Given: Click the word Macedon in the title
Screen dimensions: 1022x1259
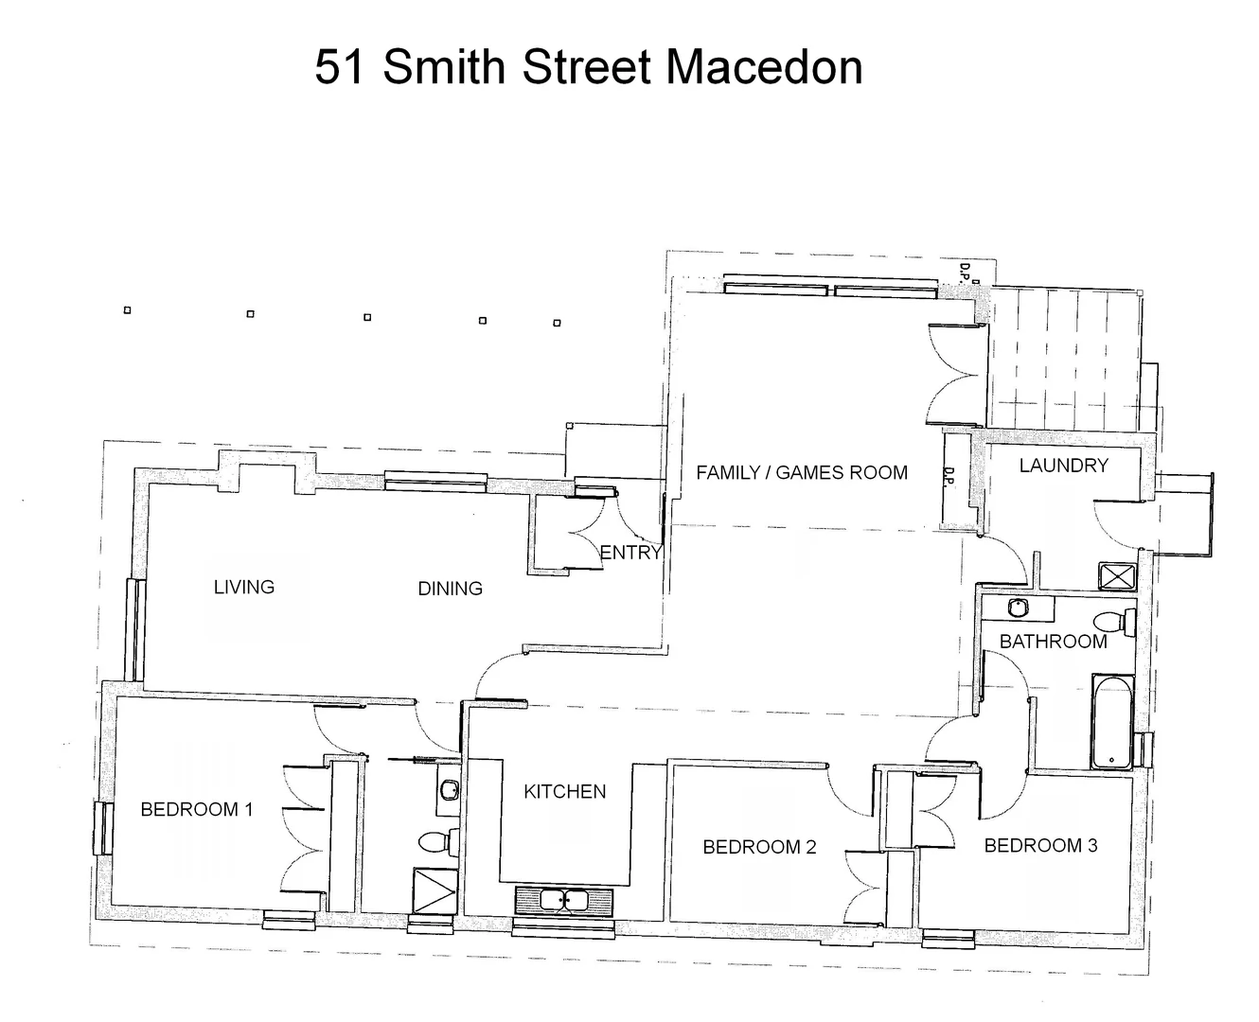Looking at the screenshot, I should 764,67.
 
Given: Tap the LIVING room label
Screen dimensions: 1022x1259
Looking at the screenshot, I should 244,587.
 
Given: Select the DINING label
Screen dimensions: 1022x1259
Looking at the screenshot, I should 450,589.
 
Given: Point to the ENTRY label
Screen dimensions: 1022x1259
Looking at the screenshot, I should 630,553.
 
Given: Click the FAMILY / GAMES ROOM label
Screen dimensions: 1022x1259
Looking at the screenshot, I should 801,472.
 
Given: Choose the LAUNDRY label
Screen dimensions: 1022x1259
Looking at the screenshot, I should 1063,465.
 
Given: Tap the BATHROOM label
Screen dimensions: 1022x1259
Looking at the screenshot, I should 1053,641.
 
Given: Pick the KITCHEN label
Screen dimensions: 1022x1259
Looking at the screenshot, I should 564,791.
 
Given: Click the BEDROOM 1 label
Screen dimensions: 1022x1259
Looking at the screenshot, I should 196,809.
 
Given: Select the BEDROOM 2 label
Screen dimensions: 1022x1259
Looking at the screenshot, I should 759,847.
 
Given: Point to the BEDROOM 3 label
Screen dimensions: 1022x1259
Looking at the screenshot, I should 1040,845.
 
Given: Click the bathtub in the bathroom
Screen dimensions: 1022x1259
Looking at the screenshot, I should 1112,721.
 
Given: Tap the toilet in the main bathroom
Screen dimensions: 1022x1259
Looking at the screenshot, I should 1116,622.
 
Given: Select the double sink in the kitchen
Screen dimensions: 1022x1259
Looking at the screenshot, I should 563,900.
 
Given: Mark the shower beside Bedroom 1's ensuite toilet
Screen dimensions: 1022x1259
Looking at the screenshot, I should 434,891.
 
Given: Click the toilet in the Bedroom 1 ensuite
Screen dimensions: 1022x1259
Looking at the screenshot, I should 438,840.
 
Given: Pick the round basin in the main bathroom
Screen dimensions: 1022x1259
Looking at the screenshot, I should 1019,607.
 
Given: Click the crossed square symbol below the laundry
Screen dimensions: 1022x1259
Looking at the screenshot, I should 1117,575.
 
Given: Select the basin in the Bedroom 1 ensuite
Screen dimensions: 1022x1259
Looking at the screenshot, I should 449,788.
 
